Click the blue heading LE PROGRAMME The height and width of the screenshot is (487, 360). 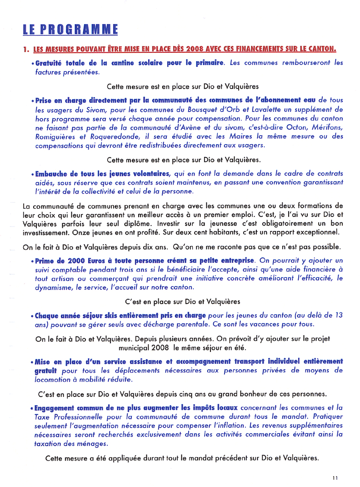pos(70,30)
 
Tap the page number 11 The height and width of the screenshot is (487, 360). pos(335,477)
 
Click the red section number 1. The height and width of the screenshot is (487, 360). pos(26,49)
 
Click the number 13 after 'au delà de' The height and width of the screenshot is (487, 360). pos(338,316)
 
